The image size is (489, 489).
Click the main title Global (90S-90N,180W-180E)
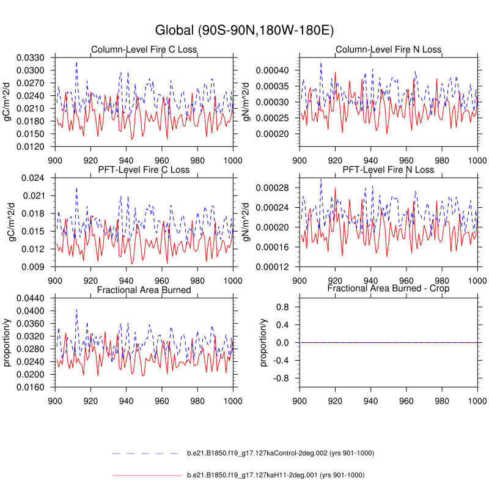[x=244, y=29]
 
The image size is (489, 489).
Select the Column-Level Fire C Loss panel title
[x=144, y=50]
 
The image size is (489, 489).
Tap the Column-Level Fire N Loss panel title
[x=388, y=50]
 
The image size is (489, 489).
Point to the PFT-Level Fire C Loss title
[x=144, y=169]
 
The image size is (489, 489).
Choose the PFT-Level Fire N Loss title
[x=388, y=169]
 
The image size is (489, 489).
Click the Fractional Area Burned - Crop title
[x=388, y=288]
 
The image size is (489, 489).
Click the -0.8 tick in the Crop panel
[x=284, y=379]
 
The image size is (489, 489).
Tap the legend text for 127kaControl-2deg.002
[x=280, y=454]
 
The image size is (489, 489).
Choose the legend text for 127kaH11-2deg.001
[x=275, y=475]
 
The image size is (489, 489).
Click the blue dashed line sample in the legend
[x=147, y=454]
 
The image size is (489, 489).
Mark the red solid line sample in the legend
[x=147, y=475]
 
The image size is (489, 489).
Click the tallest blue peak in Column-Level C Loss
[x=76, y=62]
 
